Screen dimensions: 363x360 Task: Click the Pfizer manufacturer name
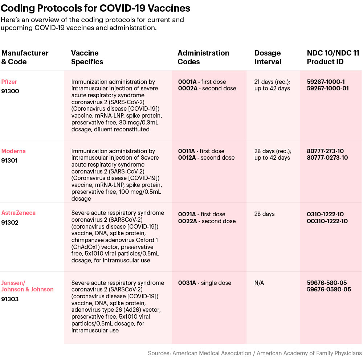[9, 82]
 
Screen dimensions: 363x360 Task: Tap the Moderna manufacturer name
[13, 151]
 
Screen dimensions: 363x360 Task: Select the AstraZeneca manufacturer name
[19, 213]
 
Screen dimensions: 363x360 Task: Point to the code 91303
[10, 299]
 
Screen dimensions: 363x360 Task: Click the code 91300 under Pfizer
[10, 91]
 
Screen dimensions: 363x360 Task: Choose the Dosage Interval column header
[268, 57]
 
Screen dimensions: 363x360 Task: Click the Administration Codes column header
[203, 57]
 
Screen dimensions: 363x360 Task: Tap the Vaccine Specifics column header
[87, 57]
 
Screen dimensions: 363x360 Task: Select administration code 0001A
[187, 82]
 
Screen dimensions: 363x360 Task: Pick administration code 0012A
[187, 158]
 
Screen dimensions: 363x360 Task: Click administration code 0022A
[188, 221]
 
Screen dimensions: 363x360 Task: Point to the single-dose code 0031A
[187, 283]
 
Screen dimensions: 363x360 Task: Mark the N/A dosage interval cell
[259, 283]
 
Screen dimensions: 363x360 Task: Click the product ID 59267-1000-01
[327, 89]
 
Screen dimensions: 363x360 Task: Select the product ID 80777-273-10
[325, 151]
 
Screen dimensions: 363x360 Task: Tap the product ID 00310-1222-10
[327, 221]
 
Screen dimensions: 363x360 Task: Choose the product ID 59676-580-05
[327, 283]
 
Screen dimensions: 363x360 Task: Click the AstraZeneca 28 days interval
[264, 214]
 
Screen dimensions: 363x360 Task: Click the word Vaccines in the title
[169, 8]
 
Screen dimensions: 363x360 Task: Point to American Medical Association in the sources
[212, 353]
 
